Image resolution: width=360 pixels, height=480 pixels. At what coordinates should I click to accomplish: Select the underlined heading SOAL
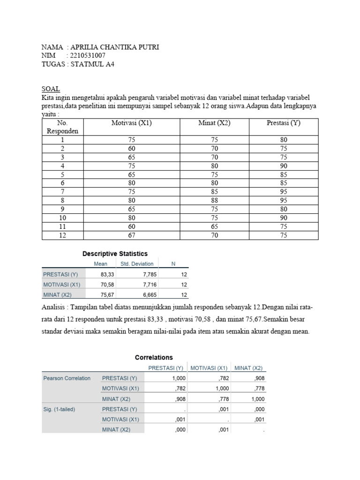tap(51, 89)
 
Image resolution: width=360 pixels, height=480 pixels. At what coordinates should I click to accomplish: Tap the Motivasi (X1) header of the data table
tap(131, 123)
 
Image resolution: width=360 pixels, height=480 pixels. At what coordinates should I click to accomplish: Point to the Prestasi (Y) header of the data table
tap(283, 123)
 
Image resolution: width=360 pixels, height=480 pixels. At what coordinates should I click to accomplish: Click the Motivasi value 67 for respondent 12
tap(131, 235)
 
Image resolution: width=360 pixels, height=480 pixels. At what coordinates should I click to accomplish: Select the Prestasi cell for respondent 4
tap(283, 166)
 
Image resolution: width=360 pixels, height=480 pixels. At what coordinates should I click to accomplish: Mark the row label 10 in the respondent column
tap(62, 218)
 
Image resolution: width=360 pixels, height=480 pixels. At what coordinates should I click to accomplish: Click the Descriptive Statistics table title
tap(115, 254)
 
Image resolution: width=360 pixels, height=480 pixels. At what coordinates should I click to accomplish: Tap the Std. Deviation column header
tap(137, 264)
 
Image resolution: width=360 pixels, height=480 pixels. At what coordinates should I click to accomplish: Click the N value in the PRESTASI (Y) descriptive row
tap(184, 274)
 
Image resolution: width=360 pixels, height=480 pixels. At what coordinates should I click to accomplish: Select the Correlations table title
tap(154, 357)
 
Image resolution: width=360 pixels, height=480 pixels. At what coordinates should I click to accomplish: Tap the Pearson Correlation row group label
tap(67, 378)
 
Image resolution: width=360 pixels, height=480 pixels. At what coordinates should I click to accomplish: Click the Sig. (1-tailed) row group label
tap(59, 409)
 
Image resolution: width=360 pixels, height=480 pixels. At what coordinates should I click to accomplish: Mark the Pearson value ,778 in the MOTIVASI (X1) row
tap(257, 389)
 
